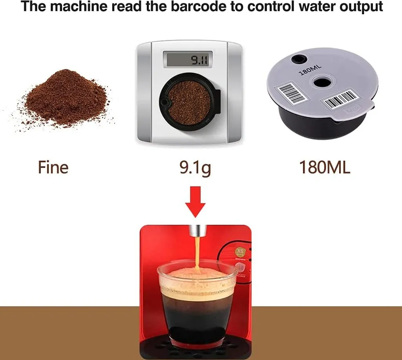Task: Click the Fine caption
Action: pyautogui.click(x=53, y=167)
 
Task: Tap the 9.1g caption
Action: pyautogui.click(x=195, y=167)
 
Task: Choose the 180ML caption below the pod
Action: pyautogui.click(x=325, y=167)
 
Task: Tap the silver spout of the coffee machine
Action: pyautogui.click(x=195, y=231)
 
